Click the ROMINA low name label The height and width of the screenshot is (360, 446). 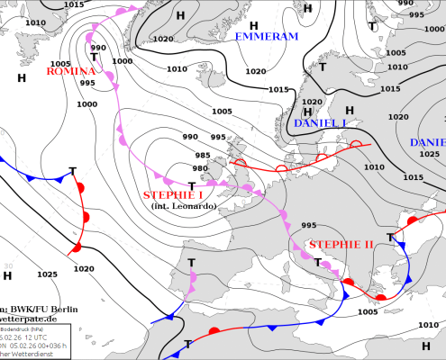tap(71, 71)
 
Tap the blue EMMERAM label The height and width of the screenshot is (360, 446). tap(266, 37)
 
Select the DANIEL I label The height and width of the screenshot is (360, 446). tap(320, 122)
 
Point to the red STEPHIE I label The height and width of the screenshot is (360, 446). tap(173, 194)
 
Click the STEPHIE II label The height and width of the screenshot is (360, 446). tap(341, 245)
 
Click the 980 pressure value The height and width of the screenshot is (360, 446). tap(200, 168)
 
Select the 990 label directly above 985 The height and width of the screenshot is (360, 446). tap(190, 137)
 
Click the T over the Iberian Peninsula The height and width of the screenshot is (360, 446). tap(191, 263)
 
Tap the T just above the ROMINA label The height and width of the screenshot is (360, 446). tap(93, 57)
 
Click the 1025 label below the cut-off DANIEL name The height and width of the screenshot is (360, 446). tap(429, 154)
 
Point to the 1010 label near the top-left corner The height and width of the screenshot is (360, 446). tap(35, 22)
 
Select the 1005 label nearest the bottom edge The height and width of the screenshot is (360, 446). tap(367, 311)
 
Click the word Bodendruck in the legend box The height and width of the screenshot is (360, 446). tap(18, 328)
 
